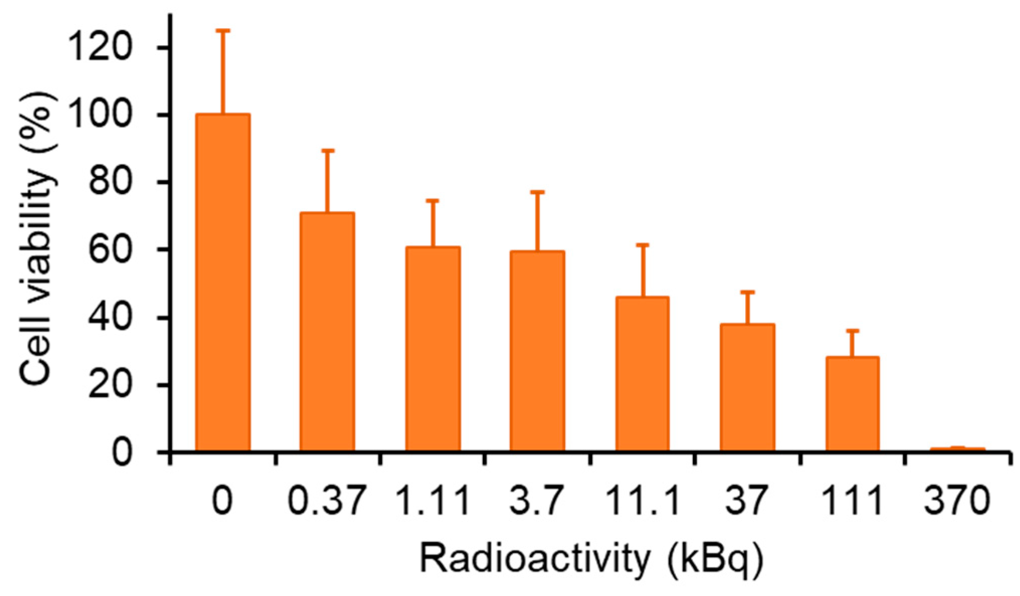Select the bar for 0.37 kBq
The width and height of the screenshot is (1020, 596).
[x=327, y=332]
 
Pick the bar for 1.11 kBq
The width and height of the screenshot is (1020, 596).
[x=433, y=349]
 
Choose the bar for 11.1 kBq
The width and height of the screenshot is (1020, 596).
[x=642, y=374]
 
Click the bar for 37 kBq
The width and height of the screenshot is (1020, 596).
[x=747, y=387]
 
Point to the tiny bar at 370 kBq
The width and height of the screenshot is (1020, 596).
[x=957, y=449]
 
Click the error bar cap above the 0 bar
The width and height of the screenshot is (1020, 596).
[x=223, y=31]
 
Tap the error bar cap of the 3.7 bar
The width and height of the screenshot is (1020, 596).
[x=537, y=192]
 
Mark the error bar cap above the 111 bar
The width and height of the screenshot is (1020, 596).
[x=852, y=331]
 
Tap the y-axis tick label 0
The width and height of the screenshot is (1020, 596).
[x=122, y=452]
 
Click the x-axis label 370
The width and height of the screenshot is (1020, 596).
[x=957, y=501]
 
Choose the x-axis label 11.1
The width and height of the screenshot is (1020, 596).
[x=642, y=501]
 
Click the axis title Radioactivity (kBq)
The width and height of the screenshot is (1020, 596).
[x=591, y=559]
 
